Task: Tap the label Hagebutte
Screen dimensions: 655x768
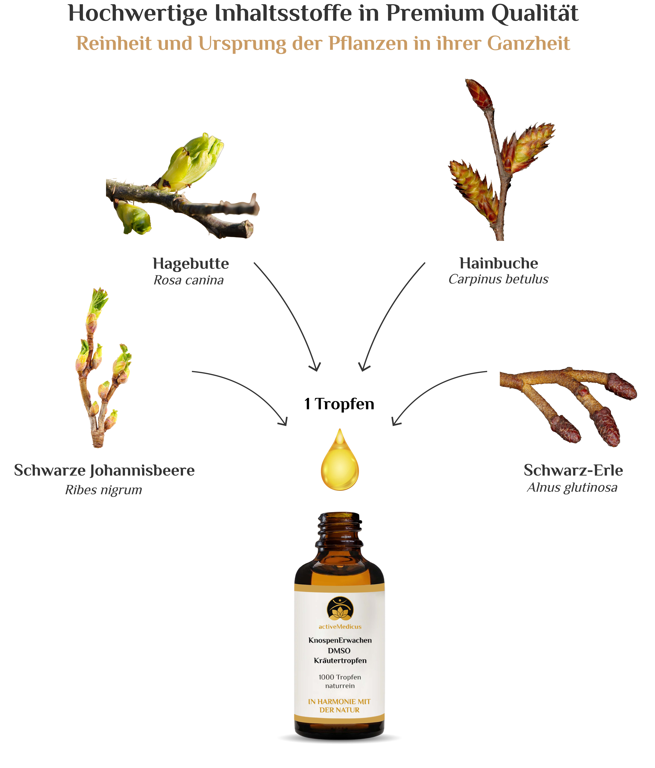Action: (191, 264)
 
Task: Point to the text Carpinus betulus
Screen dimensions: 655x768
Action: (498, 279)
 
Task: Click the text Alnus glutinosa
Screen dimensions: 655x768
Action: (572, 487)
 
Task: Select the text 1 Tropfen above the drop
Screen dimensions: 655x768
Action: (339, 404)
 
